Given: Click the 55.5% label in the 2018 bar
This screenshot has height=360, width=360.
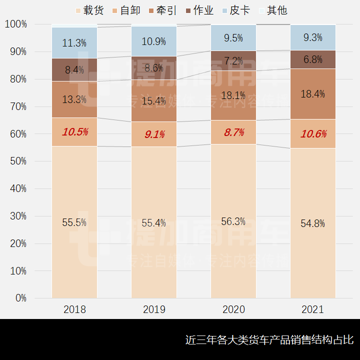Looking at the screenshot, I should (x=74, y=222).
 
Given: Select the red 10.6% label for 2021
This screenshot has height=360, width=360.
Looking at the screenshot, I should (x=313, y=134).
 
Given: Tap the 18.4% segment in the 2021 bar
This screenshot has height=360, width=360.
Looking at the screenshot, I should (x=313, y=93).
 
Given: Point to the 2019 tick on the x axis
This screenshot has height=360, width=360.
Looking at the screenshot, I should (x=154, y=309).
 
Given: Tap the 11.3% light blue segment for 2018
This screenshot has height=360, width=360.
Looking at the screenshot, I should (x=74, y=43).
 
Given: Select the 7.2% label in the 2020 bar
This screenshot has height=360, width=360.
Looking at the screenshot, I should (x=233, y=61).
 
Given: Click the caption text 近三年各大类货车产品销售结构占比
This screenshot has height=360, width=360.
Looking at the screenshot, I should (x=269, y=340).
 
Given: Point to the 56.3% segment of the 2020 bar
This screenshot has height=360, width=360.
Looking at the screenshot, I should (x=233, y=221).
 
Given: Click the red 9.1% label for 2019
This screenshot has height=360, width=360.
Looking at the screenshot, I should (x=154, y=134).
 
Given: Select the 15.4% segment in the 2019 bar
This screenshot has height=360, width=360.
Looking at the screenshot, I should (x=154, y=101).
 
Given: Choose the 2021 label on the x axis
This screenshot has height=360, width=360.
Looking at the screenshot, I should (x=313, y=309).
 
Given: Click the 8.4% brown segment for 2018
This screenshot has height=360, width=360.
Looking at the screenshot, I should (x=74, y=70).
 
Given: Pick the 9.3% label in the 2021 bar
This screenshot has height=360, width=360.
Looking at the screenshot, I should (x=313, y=37).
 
